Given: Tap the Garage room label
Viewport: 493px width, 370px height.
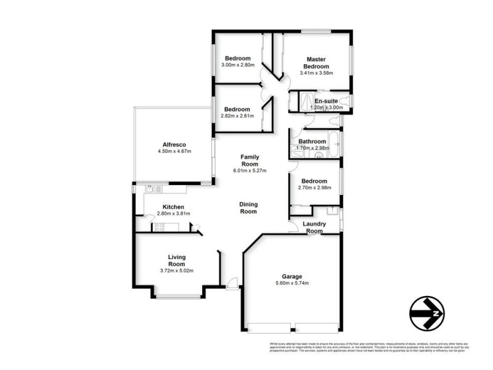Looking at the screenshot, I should (293, 276).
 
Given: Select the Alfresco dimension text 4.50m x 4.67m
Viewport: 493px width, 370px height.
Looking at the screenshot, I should (174, 151).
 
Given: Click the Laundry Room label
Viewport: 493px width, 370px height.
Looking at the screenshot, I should (314, 228).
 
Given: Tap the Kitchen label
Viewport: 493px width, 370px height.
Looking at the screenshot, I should (173, 207).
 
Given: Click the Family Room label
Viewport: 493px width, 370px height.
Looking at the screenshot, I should (249, 160).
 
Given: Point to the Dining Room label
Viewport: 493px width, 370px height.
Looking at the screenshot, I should (248, 208).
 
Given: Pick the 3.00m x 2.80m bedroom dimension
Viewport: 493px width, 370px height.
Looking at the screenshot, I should (237, 65).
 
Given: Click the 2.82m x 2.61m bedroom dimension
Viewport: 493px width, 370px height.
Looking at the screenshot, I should (237, 115).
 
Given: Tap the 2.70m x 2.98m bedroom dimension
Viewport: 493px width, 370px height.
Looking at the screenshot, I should (314, 188).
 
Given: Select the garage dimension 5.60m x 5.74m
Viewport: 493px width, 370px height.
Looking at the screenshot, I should (293, 283).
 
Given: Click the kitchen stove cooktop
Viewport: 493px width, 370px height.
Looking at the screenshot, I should (160, 227).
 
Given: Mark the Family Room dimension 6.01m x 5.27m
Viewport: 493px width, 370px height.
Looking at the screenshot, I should (249, 171).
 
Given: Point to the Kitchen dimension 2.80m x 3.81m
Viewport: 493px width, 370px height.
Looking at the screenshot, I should (173, 213).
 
